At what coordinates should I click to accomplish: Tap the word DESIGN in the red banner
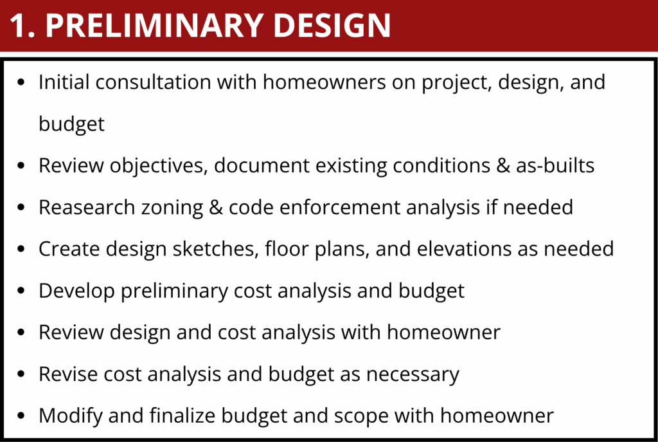[x=332, y=25]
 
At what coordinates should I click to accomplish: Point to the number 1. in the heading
[x=22, y=26]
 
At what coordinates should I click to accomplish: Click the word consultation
[x=153, y=82]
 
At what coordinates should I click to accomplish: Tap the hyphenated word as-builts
[x=555, y=165]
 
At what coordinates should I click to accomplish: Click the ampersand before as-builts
[x=502, y=165]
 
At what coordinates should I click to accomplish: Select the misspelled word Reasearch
[x=87, y=207]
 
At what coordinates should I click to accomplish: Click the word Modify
[x=71, y=416]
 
